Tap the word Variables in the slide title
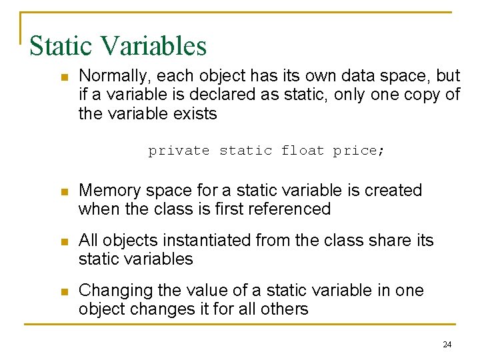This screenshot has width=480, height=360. point(154,46)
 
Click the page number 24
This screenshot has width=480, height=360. point(447,345)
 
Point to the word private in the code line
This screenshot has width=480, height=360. point(179,151)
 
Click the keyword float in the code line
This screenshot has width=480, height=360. point(303,151)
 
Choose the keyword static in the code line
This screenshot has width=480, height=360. point(245,151)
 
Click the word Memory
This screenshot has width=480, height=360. point(107,191)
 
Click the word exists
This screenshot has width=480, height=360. point(196,114)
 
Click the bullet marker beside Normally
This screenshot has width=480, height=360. point(65,77)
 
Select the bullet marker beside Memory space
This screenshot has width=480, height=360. point(65,192)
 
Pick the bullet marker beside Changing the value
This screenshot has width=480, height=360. point(65,292)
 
